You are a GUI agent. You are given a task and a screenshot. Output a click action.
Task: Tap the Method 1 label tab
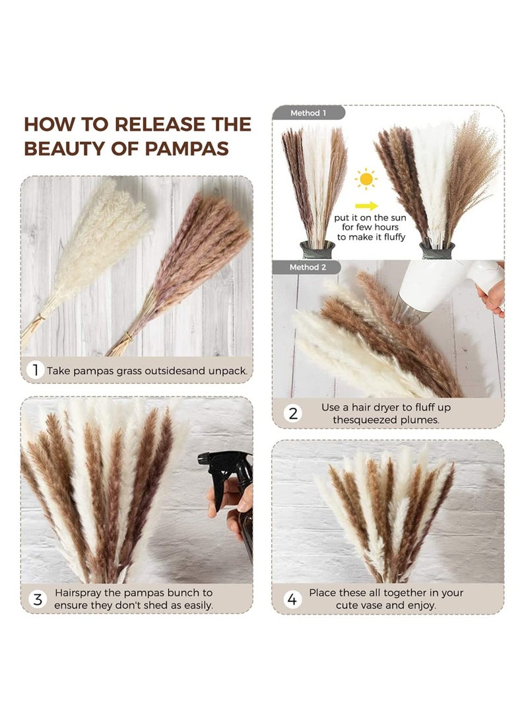tap(308, 113)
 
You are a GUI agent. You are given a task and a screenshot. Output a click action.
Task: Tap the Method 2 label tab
tap(308, 267)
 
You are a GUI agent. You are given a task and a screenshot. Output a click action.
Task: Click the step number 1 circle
tap(34, 370)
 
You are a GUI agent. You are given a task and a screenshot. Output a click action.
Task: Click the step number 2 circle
tap(293, 414)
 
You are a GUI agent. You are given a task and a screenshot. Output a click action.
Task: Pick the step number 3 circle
tap(38, 599)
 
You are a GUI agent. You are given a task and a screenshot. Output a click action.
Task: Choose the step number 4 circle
tap(290, 599)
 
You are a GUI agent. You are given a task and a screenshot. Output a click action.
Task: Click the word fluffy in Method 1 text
tap(391, 237)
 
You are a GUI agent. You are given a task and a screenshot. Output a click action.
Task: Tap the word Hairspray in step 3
tap(79, 593)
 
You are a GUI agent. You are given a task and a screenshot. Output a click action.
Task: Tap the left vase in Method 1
tap(317, 249)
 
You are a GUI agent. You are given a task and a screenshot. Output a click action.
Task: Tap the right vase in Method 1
tap(437, 250)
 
